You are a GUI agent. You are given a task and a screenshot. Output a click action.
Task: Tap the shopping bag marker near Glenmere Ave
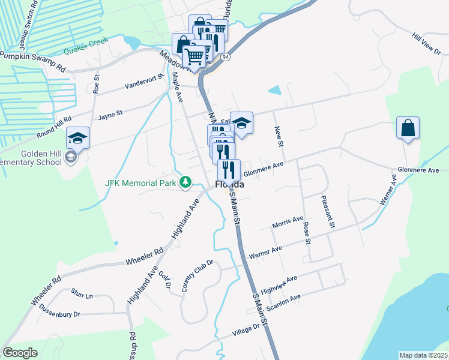point(408,128)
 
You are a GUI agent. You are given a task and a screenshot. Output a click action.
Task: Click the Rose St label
point(307,232)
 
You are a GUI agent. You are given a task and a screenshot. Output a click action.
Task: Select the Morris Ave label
point(288,223)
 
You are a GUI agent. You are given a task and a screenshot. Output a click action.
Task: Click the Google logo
point(20,353)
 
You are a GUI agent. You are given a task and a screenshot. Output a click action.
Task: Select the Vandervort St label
point(144,85)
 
